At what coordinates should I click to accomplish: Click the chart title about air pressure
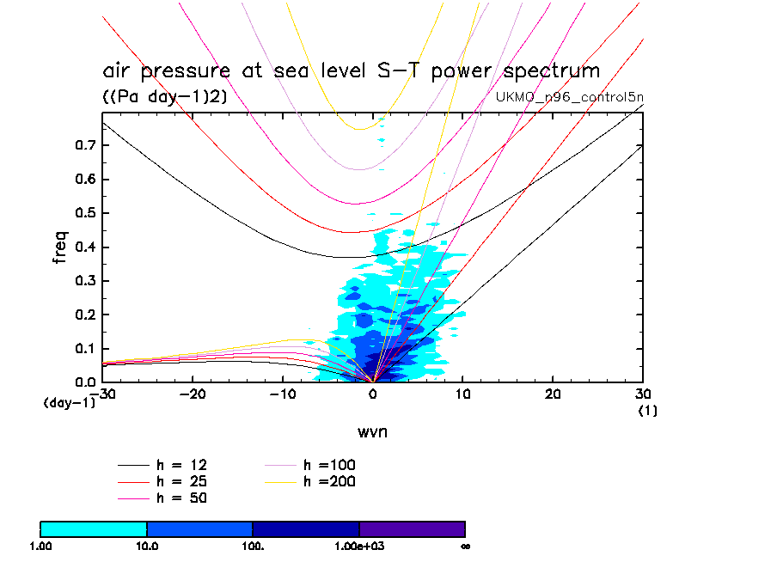point(350,70)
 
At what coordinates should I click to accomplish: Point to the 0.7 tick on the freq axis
point(85,146)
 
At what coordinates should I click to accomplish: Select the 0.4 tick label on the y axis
point(85,247)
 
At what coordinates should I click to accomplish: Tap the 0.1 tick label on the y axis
point(85,349)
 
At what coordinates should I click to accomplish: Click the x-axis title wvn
point(372,431)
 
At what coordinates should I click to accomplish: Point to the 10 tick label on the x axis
point(462,394)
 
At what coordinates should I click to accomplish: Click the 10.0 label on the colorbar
point(147,546)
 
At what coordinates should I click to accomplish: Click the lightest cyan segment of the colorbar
point(94,528)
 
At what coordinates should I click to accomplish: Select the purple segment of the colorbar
point(412,528)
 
